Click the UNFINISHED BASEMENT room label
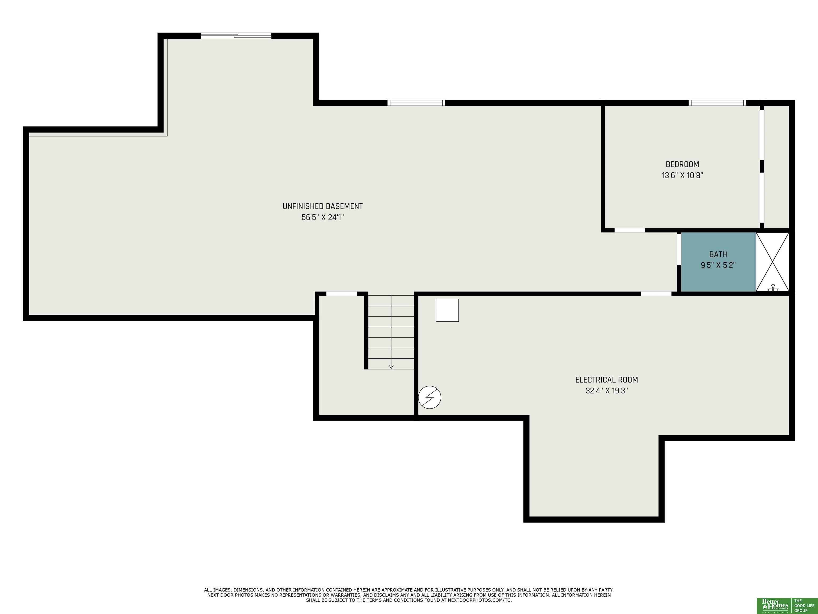(322, 207)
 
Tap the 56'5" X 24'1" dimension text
(322, 217)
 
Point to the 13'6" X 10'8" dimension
(682, 175)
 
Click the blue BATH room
(718, 262)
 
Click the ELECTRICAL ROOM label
(607, 380)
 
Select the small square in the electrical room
(447, 310)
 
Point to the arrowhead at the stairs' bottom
(391, 367)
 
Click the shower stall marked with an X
(772, 262)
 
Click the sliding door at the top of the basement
(236, 35)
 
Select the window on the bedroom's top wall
(717, 103)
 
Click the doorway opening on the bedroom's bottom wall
(630, 230)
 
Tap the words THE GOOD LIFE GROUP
(804, 606)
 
